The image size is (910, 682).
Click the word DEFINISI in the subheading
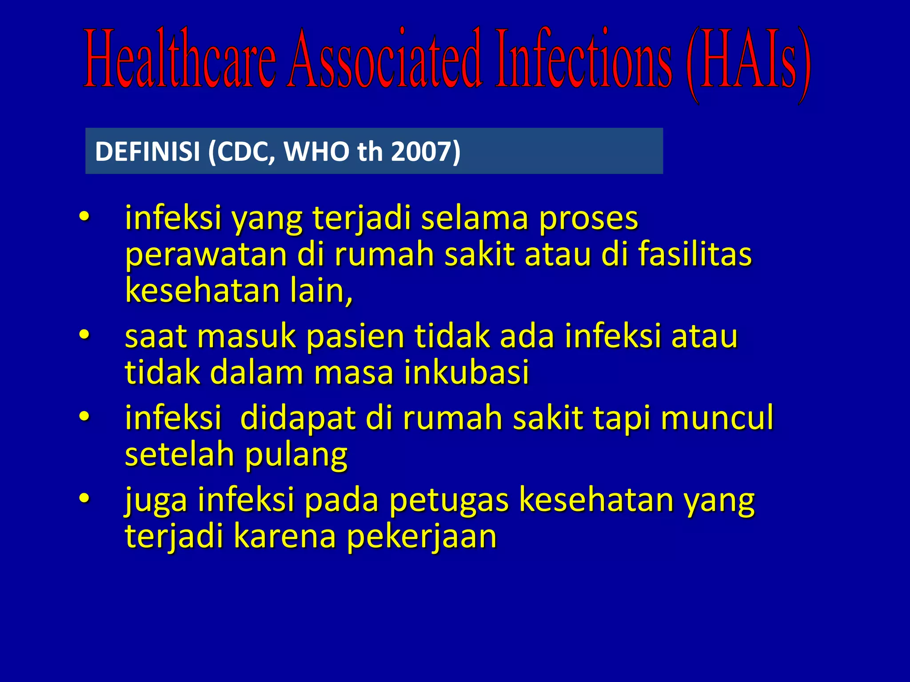[148, 151]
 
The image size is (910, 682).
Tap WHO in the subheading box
[317, 151]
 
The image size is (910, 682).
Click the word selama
[475, 218]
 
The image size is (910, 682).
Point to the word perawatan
[206, 255]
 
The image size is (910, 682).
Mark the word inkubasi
[467, 373]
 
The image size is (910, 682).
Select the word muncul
[717, 418]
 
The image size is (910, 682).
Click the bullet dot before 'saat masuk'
[84, 335]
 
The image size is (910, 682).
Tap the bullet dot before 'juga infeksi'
[84, 498]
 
